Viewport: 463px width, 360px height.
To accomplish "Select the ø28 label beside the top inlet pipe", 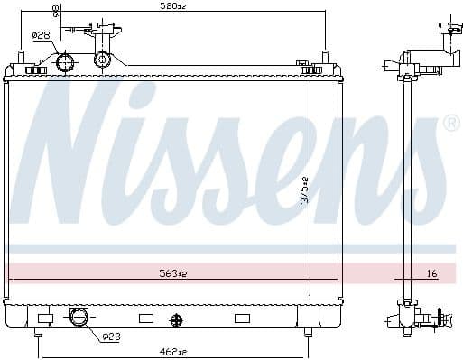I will pos(41,35).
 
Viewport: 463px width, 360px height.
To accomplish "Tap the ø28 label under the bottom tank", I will pos(110,337).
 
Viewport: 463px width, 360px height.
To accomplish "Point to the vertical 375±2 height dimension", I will pos(306,189).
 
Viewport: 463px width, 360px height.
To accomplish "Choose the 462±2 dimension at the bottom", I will pos(172,351).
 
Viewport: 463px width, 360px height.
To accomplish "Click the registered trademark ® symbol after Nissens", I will pos(451,122).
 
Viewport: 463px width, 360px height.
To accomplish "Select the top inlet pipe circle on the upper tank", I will pos(64,61).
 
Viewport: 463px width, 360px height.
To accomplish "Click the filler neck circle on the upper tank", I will pos(103,60).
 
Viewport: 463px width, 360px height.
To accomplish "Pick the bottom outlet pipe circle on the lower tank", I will pos(79,317).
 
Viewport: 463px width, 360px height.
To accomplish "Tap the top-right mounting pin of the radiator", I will pos(323,59).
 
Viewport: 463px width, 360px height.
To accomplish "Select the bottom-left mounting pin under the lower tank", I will pos(37,332).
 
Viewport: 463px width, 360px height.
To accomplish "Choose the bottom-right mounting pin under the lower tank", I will pos(308,332).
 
